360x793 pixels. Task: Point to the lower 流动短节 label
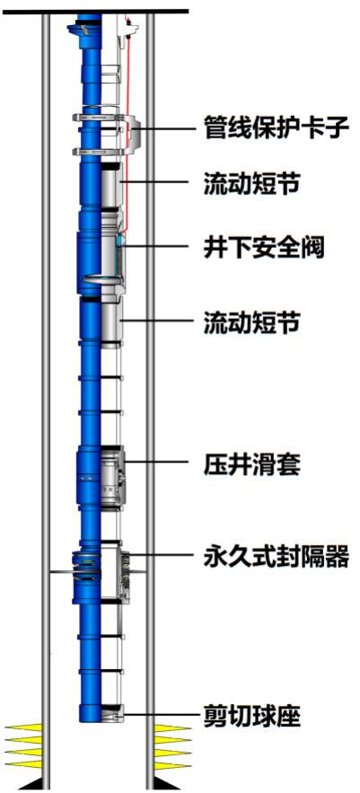coord(251,322)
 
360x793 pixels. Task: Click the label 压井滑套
coord(251,463)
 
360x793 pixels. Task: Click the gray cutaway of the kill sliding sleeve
coord(112,476)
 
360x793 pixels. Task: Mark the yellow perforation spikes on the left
coord(23,746)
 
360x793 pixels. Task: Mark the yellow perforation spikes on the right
coord(173,746)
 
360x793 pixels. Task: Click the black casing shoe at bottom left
coord(31,783)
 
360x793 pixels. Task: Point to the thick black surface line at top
coord(95,11)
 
